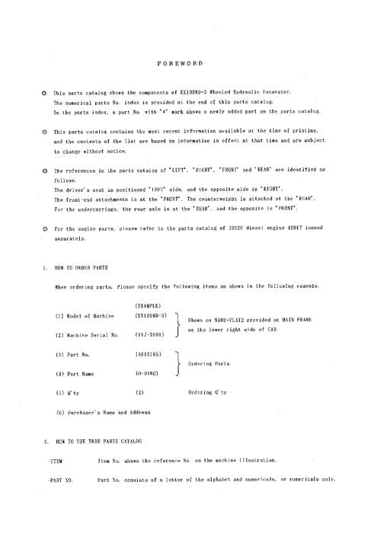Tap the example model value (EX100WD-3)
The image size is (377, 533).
pos(151,315)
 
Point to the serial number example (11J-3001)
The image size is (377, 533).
pos(147,334)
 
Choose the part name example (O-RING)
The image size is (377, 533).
pos(146,373)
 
